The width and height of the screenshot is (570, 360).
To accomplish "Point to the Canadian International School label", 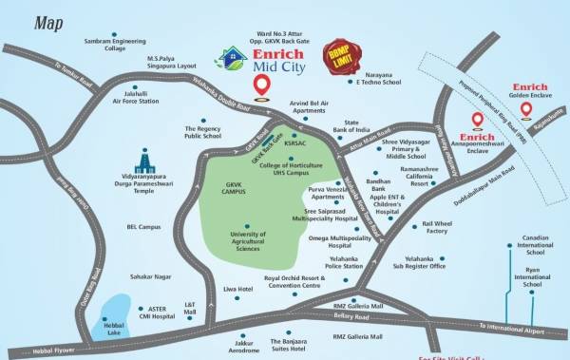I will [534, 246].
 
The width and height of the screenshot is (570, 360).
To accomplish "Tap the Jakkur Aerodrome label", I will [243, 346].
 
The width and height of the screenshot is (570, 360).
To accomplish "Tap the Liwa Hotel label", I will [237, 288].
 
